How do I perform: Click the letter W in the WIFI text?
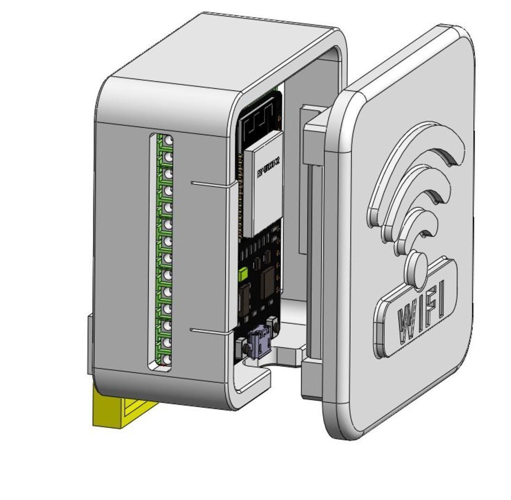pos(408,321)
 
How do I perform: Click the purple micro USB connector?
pos(259,343)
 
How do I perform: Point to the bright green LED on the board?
pos(243,275)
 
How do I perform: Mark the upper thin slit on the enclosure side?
pos(211,184)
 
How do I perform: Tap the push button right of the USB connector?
pos(274,324)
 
